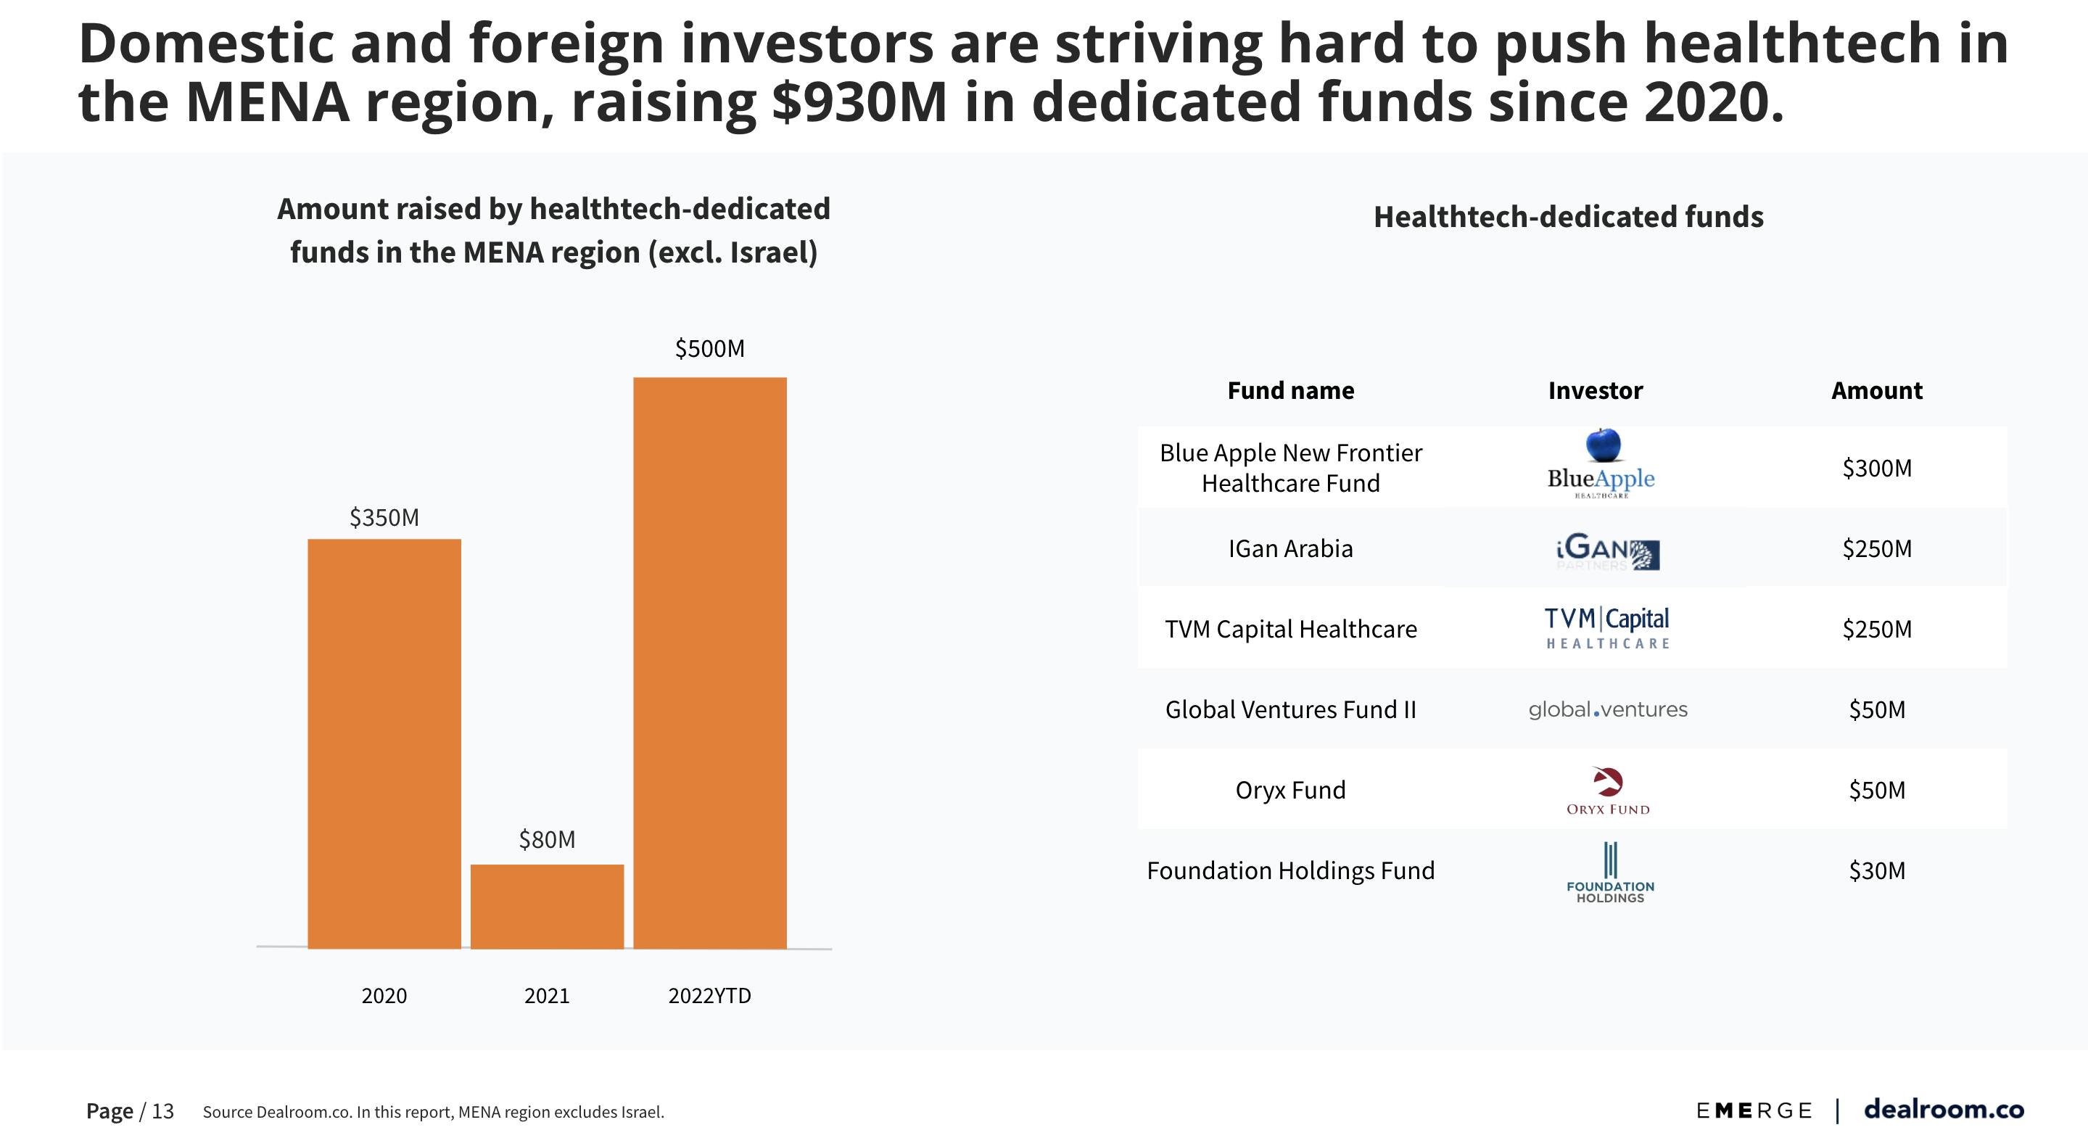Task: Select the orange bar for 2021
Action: tap(547, 906)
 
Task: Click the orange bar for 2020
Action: tap(384, 743)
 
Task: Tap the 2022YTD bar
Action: tap(709, 662)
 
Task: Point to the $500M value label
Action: tap(709, 348)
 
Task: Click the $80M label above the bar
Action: tap(547, 840)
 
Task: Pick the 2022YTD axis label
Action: tap(709, 995)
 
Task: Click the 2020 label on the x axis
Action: tap(384, 995)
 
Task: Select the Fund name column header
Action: tap(1290, 391)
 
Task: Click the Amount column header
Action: tap(1876, 391)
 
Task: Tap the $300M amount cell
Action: tap(1876, 468)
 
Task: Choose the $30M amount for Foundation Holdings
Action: tap(1876, 870)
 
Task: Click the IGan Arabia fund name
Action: tap(1290, 548)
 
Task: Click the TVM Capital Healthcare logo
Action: tap(1607, 628)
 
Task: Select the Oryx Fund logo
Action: tap(1607, 790)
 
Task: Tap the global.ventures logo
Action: tap(1607, 709)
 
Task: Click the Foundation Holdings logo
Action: tap(1610, 872)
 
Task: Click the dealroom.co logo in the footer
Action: tap(1943, 1109)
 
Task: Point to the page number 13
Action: tap(163, 1111)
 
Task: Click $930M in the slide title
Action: tap(859, 102)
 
